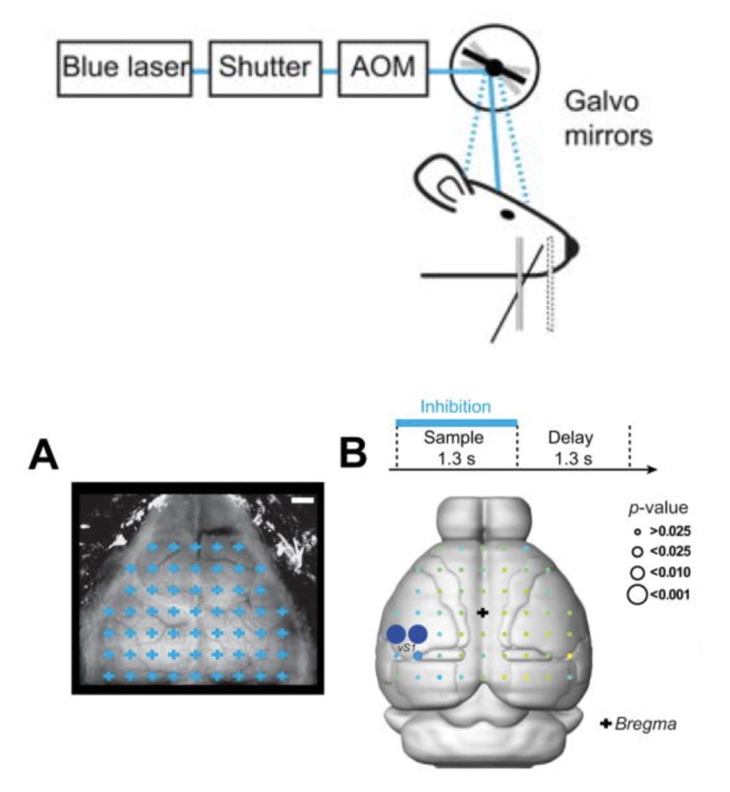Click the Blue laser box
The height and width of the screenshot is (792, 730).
125,68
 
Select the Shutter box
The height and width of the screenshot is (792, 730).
265,68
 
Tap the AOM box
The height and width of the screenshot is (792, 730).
383,68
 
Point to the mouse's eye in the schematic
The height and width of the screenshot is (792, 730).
508,213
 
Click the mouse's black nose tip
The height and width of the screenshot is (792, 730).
572,247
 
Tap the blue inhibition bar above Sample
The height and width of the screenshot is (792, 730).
455,423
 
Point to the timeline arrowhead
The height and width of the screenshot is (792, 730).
652,470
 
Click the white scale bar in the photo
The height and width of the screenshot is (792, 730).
304,501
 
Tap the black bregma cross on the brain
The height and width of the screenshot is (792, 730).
482,612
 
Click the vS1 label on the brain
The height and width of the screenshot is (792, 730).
406,648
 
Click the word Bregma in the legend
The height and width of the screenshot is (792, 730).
647,725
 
